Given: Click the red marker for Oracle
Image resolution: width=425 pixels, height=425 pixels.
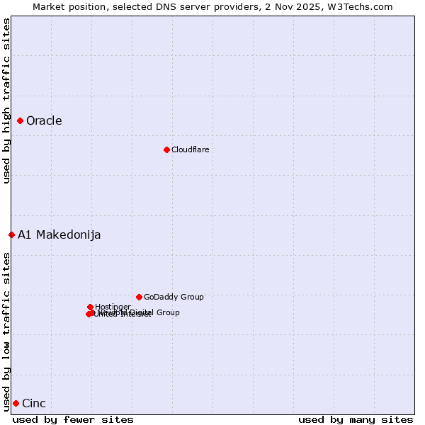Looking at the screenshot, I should point(21,120).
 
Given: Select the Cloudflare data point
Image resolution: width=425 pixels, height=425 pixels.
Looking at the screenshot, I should point(166,149).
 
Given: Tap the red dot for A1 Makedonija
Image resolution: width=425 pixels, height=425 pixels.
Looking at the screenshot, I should point(11,234).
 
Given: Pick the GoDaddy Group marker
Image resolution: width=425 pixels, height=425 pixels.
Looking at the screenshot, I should point(139,297).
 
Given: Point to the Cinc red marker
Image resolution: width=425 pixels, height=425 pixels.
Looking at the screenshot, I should point(16,403).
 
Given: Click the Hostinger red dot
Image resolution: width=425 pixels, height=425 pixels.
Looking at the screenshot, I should point(90,307).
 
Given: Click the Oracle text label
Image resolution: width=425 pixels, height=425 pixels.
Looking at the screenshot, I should point(44,120).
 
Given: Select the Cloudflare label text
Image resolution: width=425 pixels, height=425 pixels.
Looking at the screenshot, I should point(190,149).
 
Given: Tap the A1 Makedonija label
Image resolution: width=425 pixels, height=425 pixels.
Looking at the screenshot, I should point(59,234).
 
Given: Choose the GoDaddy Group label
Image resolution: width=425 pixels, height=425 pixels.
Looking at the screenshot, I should point(174,297).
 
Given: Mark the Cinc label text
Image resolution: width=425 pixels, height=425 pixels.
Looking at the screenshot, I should point(34,403).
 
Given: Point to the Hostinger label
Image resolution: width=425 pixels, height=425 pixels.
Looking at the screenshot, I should point(113,307).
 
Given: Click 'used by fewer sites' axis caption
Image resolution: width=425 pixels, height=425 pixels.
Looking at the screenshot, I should point(73,419).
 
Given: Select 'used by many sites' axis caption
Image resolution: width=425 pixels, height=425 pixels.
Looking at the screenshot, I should point(356,419).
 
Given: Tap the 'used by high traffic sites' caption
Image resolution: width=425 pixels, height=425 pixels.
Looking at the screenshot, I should point(6,101).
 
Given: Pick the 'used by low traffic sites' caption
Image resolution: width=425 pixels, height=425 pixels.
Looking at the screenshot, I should point(6,331).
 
